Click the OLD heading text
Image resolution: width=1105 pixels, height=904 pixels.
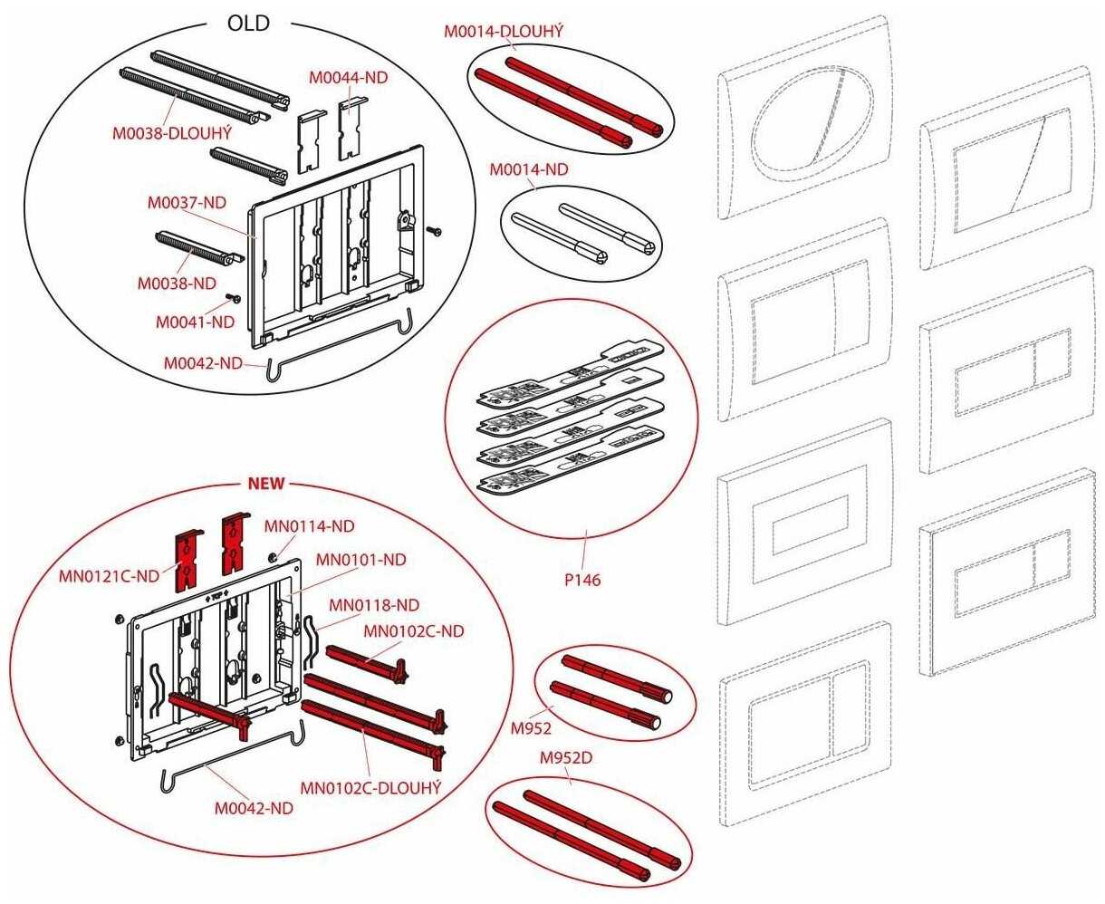(x=248, y=24)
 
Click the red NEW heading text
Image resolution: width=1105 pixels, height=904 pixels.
(x=266, y=483)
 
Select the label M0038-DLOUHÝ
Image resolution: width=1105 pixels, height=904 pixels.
(x=172, y=133)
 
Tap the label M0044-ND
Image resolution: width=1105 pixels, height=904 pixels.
(x=348, y=78)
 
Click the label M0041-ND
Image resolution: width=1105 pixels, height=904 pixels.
(x=195, y=322)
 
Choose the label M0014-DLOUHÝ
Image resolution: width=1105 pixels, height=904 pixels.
(x=504, y=32)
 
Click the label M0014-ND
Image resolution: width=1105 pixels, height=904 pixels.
(x=529, y=169)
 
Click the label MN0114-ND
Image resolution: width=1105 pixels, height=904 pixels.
(x=309, y=525)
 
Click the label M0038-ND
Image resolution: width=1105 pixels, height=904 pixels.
(x=177, y=283)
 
